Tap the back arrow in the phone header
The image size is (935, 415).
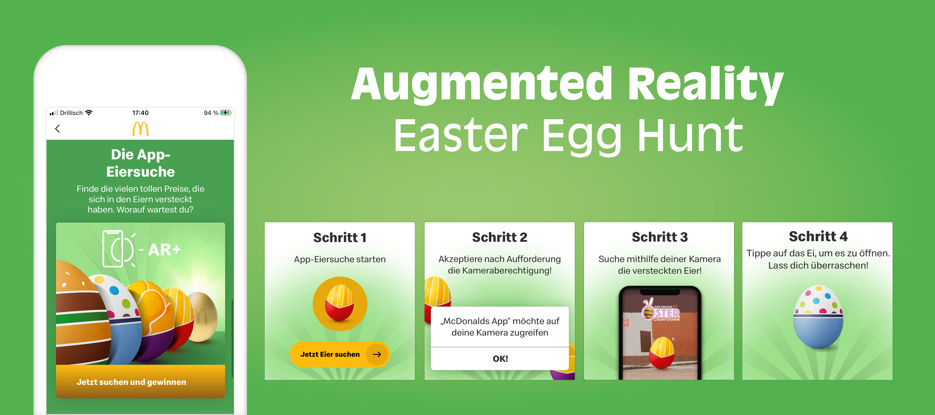tap(57, 129)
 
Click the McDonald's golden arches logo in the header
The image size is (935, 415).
tap(140, 129)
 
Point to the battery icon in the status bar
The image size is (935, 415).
tap(225, 113)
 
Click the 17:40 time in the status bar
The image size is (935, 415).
tap(140, 113)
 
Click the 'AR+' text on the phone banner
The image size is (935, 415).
tap(164, 249)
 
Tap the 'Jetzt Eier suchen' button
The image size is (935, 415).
tap(339, 354)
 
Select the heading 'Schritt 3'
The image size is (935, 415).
tap(660, 237)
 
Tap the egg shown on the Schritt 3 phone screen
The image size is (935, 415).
tap(662, 353)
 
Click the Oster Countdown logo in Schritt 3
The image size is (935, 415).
tap(661, 311)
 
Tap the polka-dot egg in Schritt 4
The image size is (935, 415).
tap(818, 317)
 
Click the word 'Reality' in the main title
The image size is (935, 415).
tap(706, 84)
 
